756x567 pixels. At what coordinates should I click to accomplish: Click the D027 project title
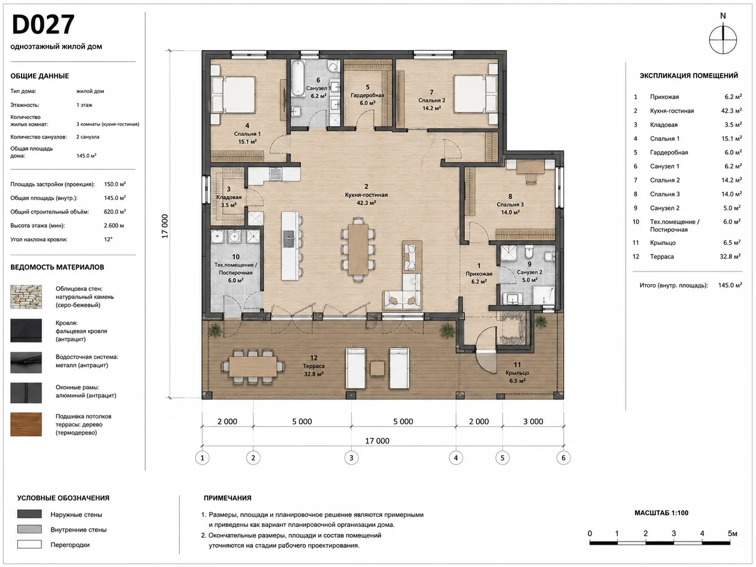[x=43, y=25]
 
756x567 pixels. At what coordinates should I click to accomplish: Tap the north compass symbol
[x=723, y=40]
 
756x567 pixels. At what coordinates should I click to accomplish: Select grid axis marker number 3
[x=351, y=458]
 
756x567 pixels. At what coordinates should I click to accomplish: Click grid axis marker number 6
[x=563, y=458]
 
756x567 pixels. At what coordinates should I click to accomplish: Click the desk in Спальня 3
[x=531, y=167]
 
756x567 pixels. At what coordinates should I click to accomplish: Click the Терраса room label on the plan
[x=313, y=367]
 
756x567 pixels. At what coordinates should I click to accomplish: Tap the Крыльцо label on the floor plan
[x=517, y=373]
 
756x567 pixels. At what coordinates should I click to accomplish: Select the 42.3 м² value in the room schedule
[x=731, y=111]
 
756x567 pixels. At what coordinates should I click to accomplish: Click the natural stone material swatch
[x=26, y=297]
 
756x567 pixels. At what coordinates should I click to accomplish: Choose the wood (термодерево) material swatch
[x=26, y=424]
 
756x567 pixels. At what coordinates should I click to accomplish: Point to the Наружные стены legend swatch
[x=29, y=514]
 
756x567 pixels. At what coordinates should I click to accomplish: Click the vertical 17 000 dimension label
[x=165, y=226]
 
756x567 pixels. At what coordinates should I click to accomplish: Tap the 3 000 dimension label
[x=533, y=421]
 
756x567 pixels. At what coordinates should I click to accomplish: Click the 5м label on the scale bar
[x=733, y=533]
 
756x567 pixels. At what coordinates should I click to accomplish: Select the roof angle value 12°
[x=108, y=239]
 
